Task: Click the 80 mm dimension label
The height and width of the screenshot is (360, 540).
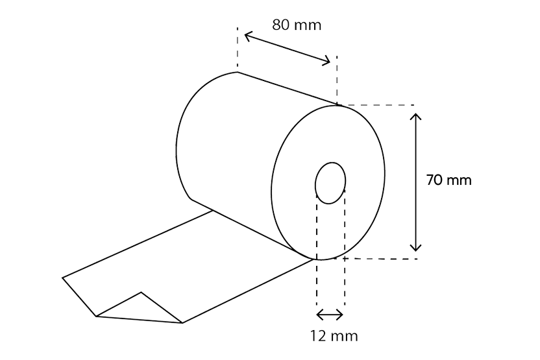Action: [x=297, y=25]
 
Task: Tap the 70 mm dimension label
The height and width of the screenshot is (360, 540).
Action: [x=448, y=180]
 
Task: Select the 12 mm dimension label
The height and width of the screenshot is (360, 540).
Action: [x=334, y=336]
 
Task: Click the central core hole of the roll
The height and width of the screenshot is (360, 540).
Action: [x=331, y=182]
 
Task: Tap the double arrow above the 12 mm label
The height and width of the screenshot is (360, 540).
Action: [x=329, y=315]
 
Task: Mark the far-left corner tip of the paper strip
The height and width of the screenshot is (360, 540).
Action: [x=63, y=278]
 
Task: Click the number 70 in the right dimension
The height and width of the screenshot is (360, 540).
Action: [x=434, y=180]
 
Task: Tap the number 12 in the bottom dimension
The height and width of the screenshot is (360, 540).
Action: [x=319, y=336]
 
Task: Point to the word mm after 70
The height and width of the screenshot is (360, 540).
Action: [x=460, y=180]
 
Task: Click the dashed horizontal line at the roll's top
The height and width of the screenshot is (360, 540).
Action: [x=376, y=104]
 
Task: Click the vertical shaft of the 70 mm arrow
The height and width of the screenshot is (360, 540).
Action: [x=417, y=182]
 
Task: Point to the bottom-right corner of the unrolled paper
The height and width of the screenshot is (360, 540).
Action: [x=182, y=322]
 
